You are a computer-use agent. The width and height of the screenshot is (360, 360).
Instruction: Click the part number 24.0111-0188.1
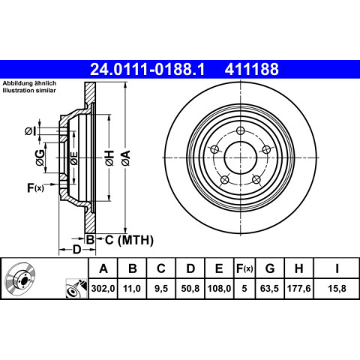coord(147,69)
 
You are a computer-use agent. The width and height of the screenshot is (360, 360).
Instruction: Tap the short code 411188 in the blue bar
coord(251,69)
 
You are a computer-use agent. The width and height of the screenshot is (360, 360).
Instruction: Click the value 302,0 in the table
coord(103,289)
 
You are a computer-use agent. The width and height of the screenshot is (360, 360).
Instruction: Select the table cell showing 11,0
coord(132,289)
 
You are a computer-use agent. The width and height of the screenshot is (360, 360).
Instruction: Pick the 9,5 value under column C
coord(161,289)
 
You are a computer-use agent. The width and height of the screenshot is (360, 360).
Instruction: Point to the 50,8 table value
coord(190,289)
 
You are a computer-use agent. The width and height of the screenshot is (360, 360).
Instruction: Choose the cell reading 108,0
coord(219,289)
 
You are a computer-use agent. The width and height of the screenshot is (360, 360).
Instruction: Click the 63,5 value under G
coord(269,289)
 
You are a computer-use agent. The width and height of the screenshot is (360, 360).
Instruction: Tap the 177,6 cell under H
coord(298,289)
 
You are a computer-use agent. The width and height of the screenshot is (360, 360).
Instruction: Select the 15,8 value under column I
coord(337,289)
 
